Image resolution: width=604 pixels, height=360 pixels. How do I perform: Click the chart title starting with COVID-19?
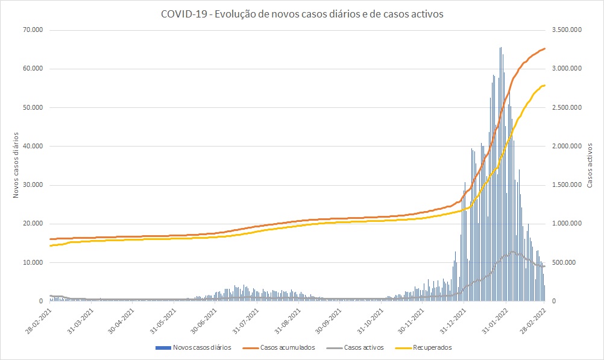coord(302,14)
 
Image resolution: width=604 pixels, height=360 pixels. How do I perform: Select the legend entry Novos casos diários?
coord(201,347)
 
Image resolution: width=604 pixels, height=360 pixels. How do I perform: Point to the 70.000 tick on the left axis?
coord(33,30)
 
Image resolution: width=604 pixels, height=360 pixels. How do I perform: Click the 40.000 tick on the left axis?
coord(33,146)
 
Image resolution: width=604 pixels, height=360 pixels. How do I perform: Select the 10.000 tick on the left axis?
coord(33,262)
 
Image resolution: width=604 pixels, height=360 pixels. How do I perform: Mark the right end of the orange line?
coord(545,48)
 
